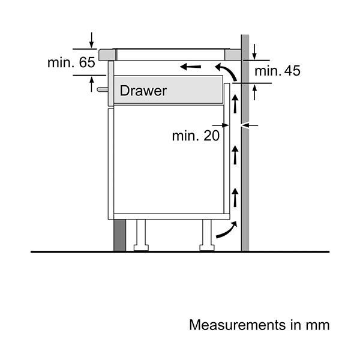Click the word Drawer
click(143, 91)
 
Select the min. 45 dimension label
click(277, 71)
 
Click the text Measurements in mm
click(259, 325)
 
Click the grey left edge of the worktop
click(106, 54)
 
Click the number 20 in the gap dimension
click(211, 136)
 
